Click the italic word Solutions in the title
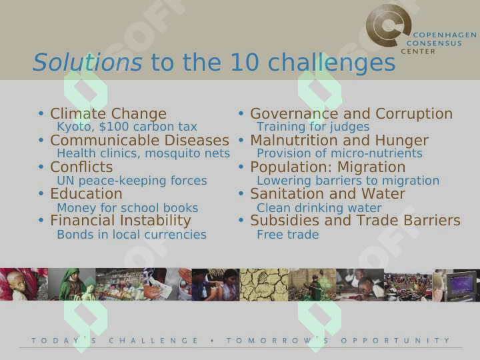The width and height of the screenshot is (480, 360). (87, 62)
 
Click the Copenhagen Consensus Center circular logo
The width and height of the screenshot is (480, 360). (389, 25)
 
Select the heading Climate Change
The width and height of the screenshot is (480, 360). (109, 113)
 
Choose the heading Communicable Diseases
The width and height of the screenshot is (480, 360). (139, 141)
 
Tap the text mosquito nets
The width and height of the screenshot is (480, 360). (187, 153)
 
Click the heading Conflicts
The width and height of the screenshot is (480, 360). (81, 167)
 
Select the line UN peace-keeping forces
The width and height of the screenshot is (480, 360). (132, 181)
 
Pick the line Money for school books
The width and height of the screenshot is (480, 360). (127, 208)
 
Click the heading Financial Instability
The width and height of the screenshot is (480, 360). (121, 221)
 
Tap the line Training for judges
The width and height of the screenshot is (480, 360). (313, 127)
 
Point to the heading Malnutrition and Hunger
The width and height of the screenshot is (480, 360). (339, 141)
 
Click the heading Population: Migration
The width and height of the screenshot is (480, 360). (328, 167)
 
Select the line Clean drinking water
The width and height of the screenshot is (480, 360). (319, 208)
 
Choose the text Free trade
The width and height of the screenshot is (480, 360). (288, 235)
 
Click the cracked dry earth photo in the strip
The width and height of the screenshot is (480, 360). (264, 285)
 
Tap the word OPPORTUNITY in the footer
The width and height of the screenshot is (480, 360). (395, 341)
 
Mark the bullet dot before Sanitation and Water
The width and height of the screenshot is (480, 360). (241, 193)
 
